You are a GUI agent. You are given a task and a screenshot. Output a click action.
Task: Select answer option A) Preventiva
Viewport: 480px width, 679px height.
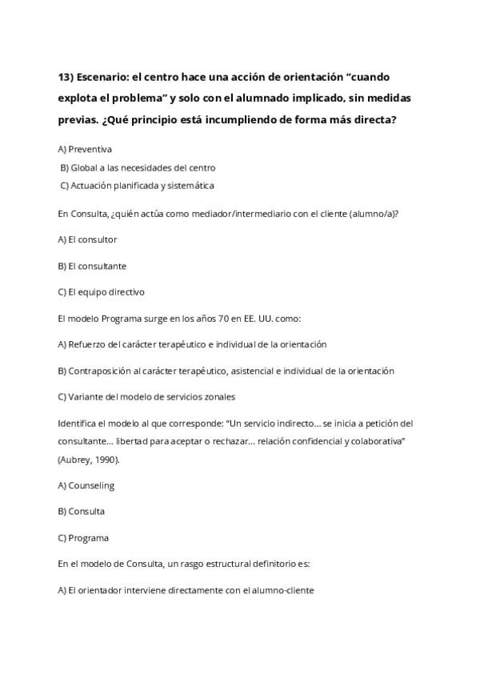click(x=85, y=149)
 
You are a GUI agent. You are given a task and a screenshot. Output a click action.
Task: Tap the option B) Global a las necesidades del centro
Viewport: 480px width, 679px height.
click(x=138, y=167)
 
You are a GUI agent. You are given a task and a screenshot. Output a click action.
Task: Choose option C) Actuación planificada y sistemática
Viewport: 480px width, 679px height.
click(x=137, y=186)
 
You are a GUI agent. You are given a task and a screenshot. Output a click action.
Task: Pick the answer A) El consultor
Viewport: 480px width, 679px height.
click(x=87, y=239)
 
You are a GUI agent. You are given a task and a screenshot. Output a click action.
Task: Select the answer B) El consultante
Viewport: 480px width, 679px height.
click(x=92, y=266)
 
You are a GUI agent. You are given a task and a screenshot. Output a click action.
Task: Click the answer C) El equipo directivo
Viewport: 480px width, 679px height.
click(x=101, y=292)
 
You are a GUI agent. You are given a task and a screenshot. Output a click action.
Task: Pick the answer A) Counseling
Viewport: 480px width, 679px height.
click(x=86, y=485)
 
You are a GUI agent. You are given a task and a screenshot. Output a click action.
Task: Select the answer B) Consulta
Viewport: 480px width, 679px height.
click(x=82, y=511)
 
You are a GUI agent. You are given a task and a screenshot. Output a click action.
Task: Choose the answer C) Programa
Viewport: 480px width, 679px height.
click(x=83, y=537)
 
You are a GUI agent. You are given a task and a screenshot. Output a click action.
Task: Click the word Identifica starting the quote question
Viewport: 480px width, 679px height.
click(x=77, y=423)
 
